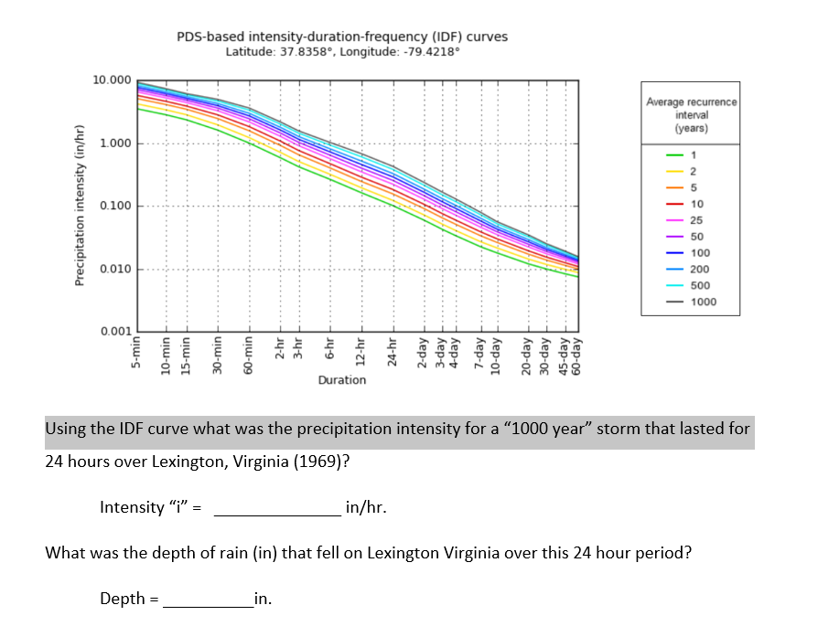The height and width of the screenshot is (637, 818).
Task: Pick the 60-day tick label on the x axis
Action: [x=576, y=354]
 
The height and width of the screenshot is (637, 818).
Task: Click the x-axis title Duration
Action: [x=341, y=379]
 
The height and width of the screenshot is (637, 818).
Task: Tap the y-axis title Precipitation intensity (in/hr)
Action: [x=80, y=206]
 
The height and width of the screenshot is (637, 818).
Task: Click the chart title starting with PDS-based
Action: [x=341, y=37]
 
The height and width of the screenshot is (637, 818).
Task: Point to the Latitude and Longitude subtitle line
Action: [x=341, y=51]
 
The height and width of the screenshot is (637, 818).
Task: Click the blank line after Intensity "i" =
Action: [x=277, y=509]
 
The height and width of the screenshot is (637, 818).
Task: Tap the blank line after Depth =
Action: [x=209, y=600]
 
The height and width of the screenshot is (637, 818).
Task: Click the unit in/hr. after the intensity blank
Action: [x=366, y=507]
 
